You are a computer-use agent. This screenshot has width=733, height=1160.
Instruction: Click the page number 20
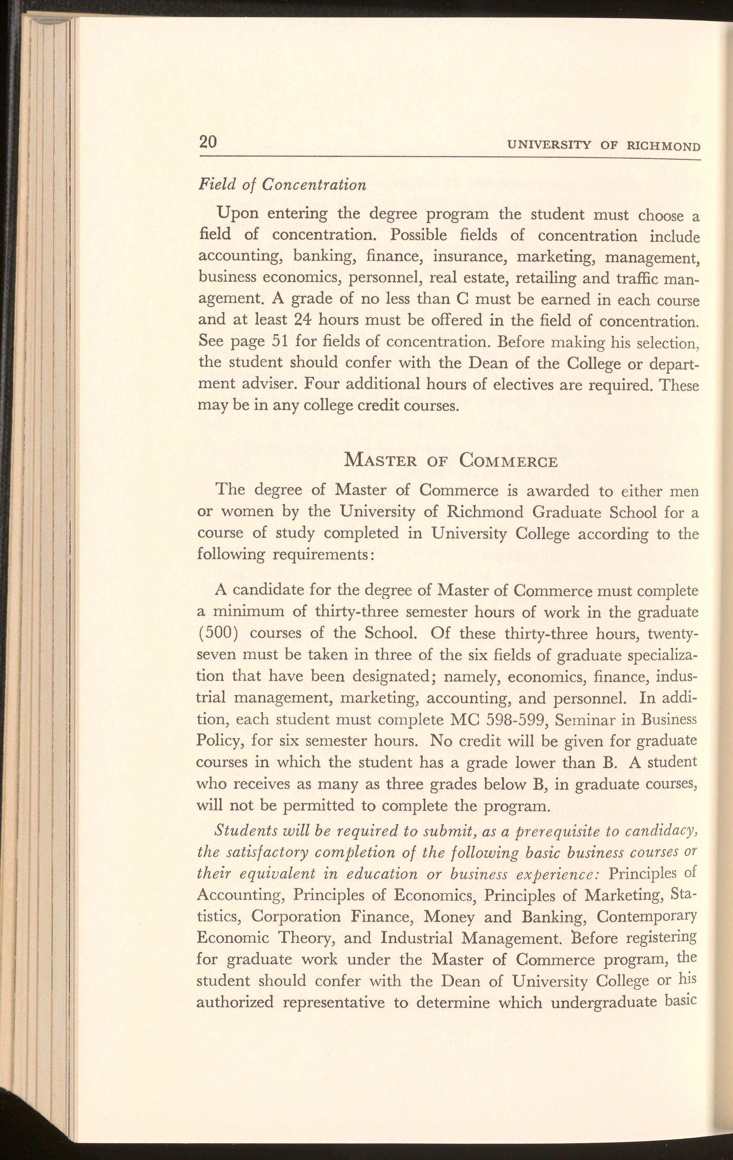coord(208,142)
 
